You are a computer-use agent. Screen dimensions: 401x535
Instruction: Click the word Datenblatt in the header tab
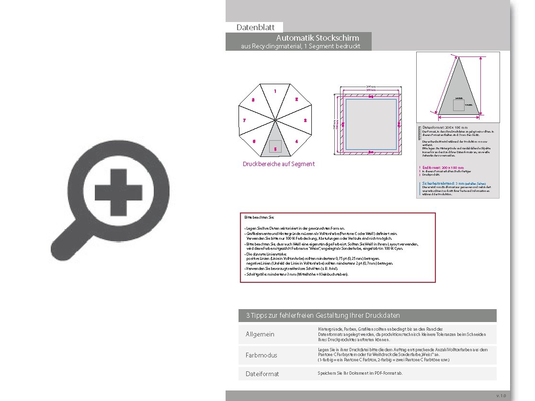pos(255,28)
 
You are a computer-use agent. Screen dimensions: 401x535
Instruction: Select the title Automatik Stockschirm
pos(318,38)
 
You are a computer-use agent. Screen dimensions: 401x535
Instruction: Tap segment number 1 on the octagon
pos(275,91)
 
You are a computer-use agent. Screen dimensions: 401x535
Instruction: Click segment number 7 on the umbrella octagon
pos(244,121)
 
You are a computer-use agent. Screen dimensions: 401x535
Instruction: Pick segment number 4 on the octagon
pos(296,142)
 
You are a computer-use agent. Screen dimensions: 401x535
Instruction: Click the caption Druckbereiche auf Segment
pos(279,164)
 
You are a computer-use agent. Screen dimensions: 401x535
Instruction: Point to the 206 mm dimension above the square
pos(370,86)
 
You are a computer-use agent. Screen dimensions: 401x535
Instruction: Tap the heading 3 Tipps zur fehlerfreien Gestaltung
pos(323,316)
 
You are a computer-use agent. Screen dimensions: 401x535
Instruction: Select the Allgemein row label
pos(260,334)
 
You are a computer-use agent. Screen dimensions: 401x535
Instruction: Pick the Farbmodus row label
pos(261,356)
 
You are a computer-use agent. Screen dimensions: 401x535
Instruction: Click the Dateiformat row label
pos(262,374)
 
